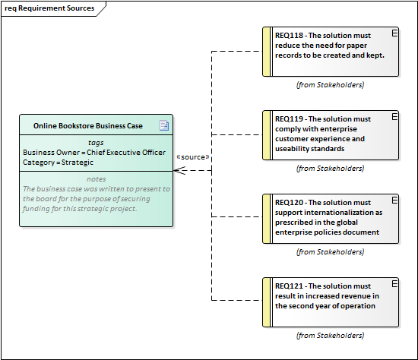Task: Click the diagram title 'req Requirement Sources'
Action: point(49,8)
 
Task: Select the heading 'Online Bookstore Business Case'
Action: point(88,126)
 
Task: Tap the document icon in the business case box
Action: point(164,125)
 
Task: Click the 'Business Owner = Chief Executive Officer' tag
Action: point(94,153)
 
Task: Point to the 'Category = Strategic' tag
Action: point(58,163)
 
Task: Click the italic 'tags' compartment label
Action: point(96,143)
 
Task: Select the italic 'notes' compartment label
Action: point(97,179)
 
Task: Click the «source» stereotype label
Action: point(193,157)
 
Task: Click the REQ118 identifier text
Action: point(289,36)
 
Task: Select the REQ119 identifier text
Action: point(289,118)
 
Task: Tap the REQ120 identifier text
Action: point(289,203)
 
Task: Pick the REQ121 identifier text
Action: point(289,286)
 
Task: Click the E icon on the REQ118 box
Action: point(394,33)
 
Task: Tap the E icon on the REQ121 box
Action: point(394,283)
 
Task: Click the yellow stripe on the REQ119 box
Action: point(266,135)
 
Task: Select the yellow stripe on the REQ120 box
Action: point(266,219)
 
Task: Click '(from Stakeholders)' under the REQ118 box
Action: point(330,85)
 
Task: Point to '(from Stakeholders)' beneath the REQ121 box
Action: point(330,335)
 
